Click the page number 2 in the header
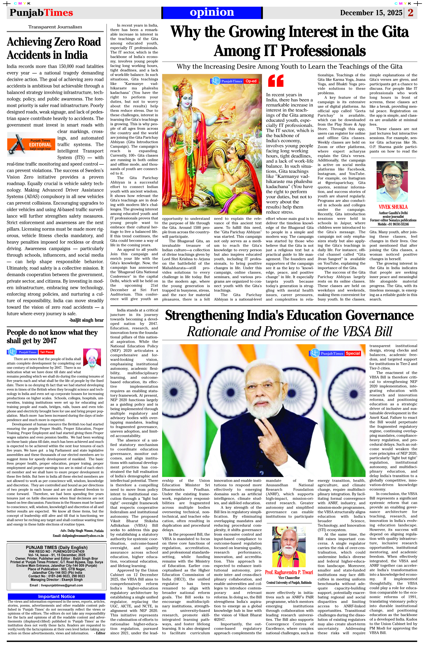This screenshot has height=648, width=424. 411,13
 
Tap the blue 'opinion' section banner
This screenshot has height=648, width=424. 212,12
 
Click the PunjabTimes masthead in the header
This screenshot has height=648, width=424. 41,13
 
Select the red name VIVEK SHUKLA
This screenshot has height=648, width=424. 393,207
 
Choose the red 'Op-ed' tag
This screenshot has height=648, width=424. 251,81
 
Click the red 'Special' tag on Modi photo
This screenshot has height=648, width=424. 353,353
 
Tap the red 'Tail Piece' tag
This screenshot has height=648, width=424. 46,352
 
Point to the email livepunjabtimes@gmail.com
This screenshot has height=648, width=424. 56,585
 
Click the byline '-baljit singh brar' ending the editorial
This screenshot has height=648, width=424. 86,320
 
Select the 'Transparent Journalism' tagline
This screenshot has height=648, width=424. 55,27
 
